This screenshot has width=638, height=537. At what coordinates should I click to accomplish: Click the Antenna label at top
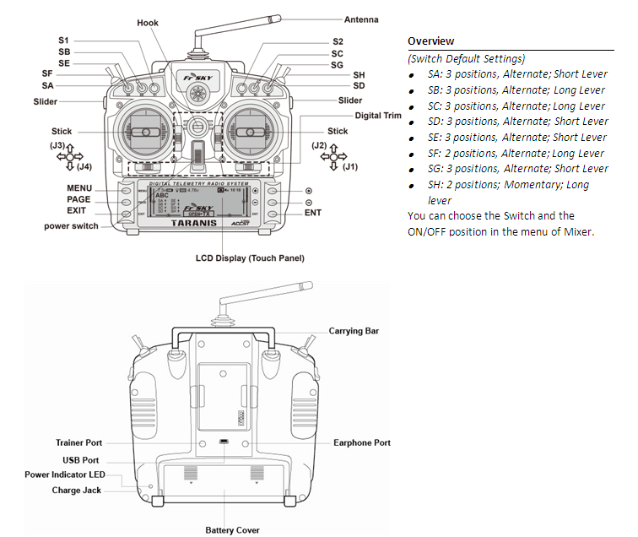(361, 19)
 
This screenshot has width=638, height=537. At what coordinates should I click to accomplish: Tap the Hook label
(148, 23)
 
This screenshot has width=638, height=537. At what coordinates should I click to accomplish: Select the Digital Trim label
(378, 115)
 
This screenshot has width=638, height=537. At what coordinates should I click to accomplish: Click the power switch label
(71, 226)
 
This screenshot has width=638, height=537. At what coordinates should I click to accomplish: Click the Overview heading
(430, 41)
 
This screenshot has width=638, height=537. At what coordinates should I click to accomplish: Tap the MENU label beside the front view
(79, 187)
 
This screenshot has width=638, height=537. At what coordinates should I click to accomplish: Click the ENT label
(313, 213)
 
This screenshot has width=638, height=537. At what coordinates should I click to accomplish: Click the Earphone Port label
(362, 442)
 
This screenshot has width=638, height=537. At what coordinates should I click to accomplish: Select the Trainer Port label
(78, 442)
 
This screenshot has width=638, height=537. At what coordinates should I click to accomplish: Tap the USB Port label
(82, 460)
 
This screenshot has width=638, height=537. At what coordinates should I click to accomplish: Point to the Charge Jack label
(78, 491)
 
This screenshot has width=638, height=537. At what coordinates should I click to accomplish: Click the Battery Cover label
(232, 530)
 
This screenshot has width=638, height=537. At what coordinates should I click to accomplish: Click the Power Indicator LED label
(65, 475)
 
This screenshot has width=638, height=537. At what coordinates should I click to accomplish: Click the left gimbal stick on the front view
(145, 133)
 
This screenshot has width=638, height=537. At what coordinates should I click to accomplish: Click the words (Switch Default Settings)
(466, 58)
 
